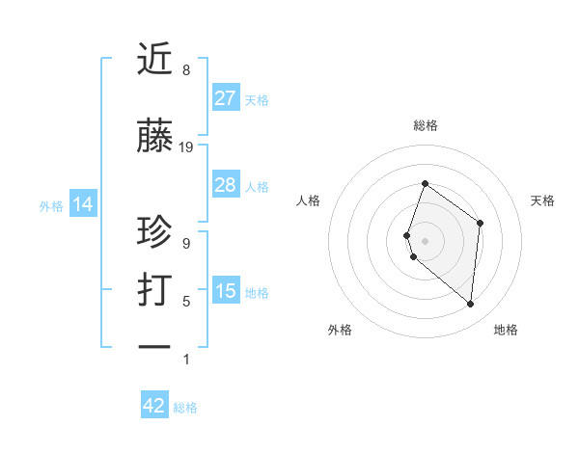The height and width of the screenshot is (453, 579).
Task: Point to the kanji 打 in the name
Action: point(155,290)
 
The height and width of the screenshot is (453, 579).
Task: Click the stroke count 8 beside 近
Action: point(186,70)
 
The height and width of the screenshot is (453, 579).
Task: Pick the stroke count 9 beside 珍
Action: point(186,244)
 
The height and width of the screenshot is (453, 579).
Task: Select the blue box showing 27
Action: point(226,98)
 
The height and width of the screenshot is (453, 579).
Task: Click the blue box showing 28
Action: point(226,185)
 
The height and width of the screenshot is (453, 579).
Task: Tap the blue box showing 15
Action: point(226,291)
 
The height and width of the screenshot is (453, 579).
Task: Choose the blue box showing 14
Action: point(82,204)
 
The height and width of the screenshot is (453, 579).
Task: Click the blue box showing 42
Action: point(154,406)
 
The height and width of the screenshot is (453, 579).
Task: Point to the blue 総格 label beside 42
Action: point(185,408)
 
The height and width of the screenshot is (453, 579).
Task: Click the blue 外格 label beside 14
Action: point(50,205)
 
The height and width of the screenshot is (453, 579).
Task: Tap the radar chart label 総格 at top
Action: point(425,125)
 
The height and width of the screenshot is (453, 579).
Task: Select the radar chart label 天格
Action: point(542,200)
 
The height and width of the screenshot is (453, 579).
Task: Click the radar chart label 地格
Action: point(506,330)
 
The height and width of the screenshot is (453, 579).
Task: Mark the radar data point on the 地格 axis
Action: point(471,304)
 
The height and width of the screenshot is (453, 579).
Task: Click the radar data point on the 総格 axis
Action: point(425,183)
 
